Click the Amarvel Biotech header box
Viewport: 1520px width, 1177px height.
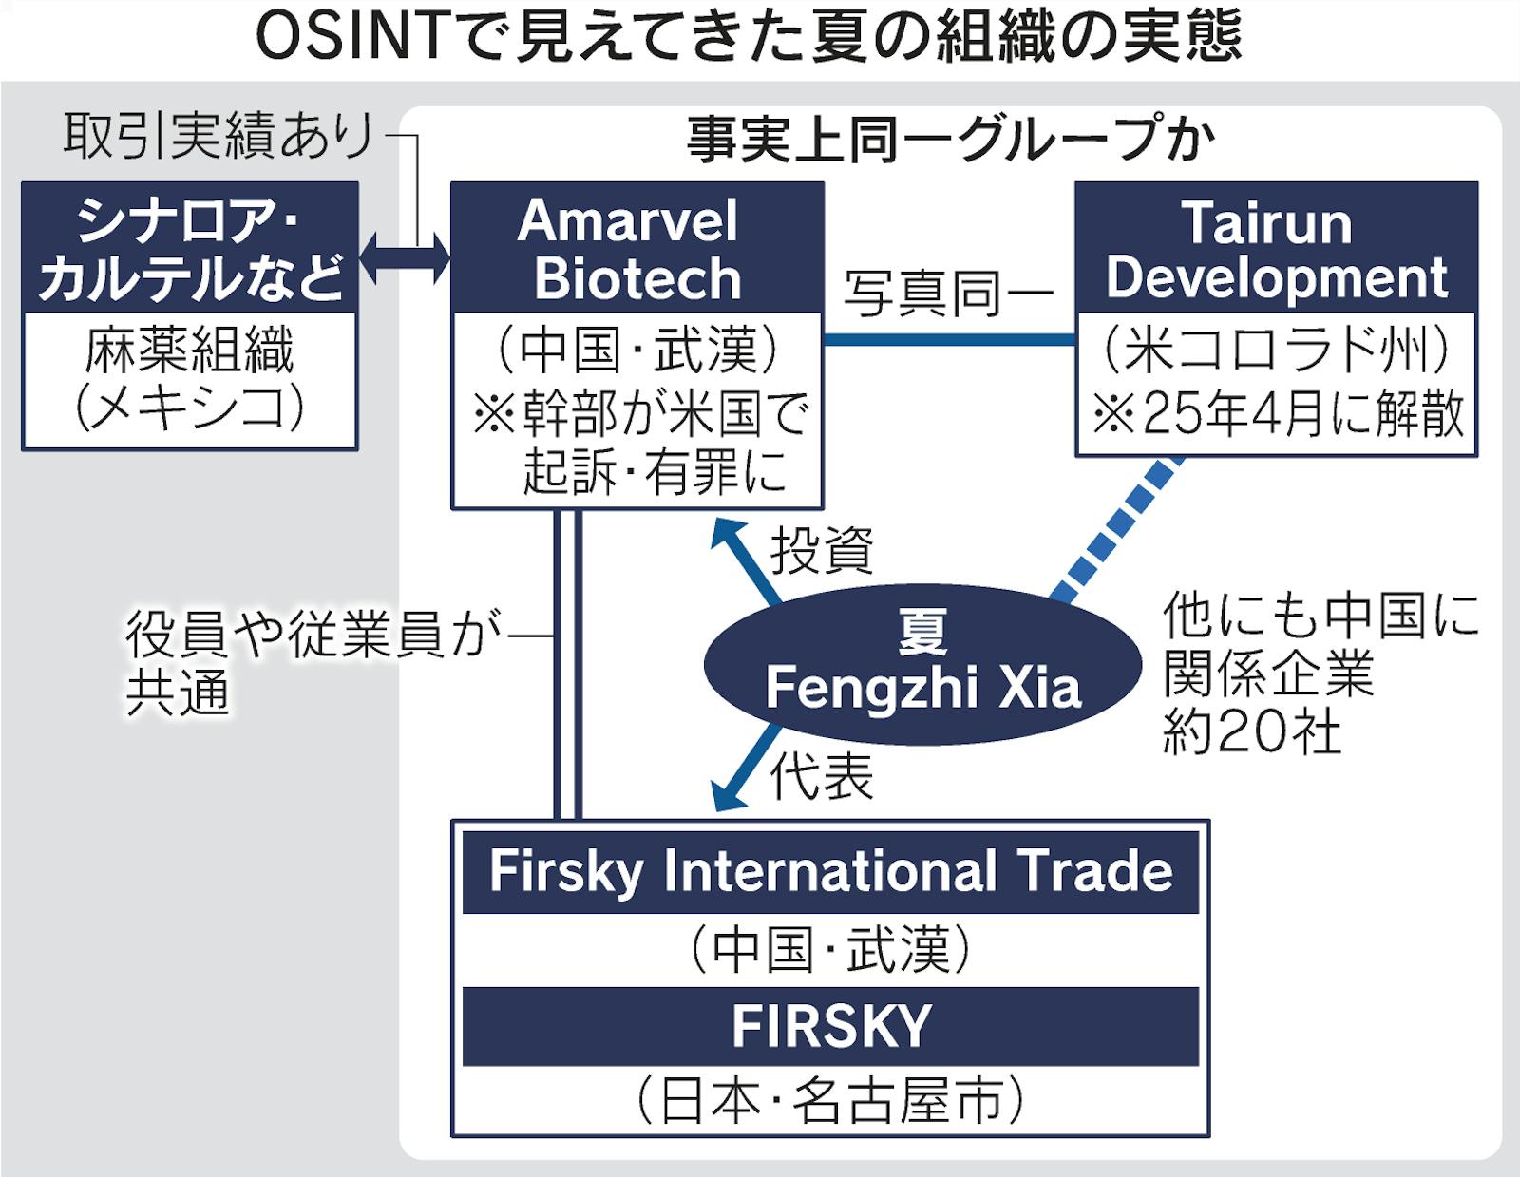tap(636, 248)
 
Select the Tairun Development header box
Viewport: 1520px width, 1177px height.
tap(1276, 248)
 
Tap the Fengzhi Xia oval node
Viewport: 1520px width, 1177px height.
tap(922, 662)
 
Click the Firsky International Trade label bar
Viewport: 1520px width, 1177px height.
tap(830, 872)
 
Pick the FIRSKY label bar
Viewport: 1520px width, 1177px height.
tap(830, 1026)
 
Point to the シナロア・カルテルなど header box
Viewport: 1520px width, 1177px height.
tap(190, 248)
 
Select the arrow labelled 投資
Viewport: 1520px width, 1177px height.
tap(747, 561)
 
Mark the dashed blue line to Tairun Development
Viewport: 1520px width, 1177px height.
tap(1117, 532)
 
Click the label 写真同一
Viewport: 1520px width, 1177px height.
tap(948, 294)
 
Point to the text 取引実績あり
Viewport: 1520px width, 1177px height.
tap(219, 136)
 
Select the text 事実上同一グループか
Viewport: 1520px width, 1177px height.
tap(950, 140)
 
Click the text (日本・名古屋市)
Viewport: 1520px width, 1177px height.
tap(830, 1101)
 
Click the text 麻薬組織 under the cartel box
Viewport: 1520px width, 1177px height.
tap(190, 351)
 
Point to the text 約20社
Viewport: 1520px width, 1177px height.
tap(1252, 731)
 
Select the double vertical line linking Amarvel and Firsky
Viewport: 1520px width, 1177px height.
tap(567, 665)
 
